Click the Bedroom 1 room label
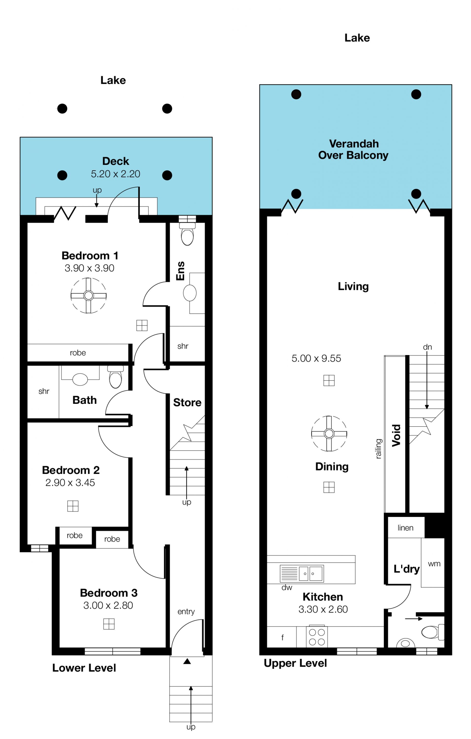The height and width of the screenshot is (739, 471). [x=90, y=255]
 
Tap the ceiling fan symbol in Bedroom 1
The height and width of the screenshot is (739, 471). [x=89, y=296]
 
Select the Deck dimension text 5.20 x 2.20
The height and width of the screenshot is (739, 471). [x=116, y=174]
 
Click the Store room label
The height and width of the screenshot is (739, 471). [x=187, y=402]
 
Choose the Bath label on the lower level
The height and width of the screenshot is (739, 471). [x=84, y=400]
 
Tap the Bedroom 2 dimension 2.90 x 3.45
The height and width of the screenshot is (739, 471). [x=70, y=482]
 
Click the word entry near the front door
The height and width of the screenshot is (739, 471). [x=186, y=612]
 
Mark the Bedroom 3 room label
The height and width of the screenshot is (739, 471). [x=109, y=593]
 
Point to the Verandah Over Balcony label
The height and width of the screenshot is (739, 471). [x=353, y=149]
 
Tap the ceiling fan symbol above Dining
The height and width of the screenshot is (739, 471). [x=329, y=434]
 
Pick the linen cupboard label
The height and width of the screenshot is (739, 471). [x=405, y=528]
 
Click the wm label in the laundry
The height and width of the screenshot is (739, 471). [x=434, y=564]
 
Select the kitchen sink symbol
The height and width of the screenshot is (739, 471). [x=302, y=573]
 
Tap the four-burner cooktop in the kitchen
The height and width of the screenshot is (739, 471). [x=317, y=637]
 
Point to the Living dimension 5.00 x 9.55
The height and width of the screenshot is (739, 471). [x=316, y=358]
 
